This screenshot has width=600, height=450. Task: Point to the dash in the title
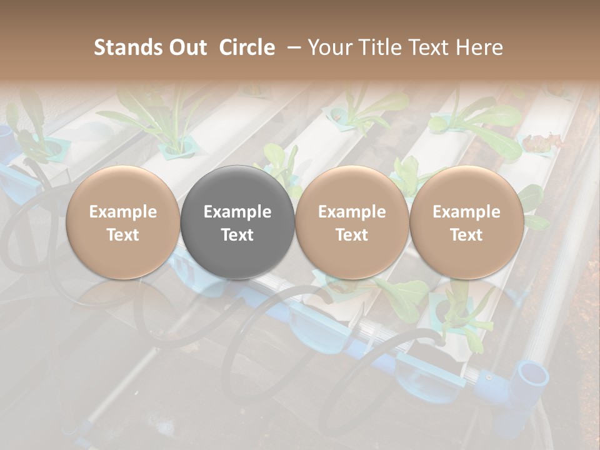291,47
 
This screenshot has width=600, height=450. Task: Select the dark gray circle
237,222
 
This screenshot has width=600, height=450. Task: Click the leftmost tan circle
123,222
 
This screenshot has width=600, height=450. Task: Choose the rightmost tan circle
466,222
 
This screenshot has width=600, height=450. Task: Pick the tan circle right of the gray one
352,222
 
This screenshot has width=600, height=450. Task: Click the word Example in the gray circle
237,212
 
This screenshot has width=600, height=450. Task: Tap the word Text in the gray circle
237,234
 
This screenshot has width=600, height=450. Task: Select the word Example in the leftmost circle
123,212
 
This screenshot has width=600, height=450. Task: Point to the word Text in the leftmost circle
123,234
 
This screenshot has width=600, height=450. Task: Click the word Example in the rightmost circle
466,212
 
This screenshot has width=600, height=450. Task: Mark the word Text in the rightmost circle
466,234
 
